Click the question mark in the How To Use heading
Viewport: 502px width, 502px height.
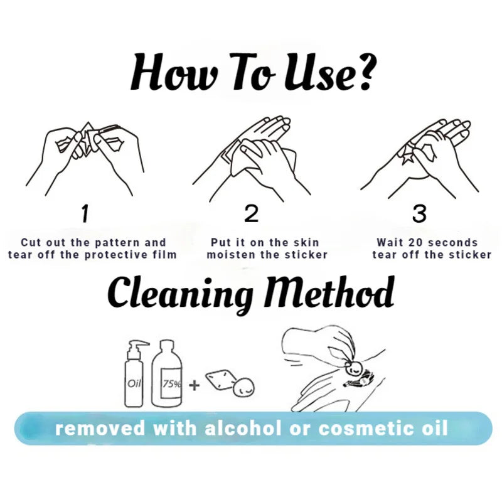coord(365,72)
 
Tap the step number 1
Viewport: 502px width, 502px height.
coord(85,213)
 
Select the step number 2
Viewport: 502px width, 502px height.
coord(252,213)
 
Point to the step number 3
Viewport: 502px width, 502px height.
coord(419,213)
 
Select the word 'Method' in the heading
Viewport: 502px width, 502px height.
coord(330,292)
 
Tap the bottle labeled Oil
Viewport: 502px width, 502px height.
coord(134,374)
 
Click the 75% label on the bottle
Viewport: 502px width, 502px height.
coord(171,383)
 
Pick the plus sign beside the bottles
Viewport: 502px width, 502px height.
coord(194,385)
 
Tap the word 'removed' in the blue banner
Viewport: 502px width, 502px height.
coord(100,429)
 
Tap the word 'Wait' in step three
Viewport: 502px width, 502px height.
coord(390,242)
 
